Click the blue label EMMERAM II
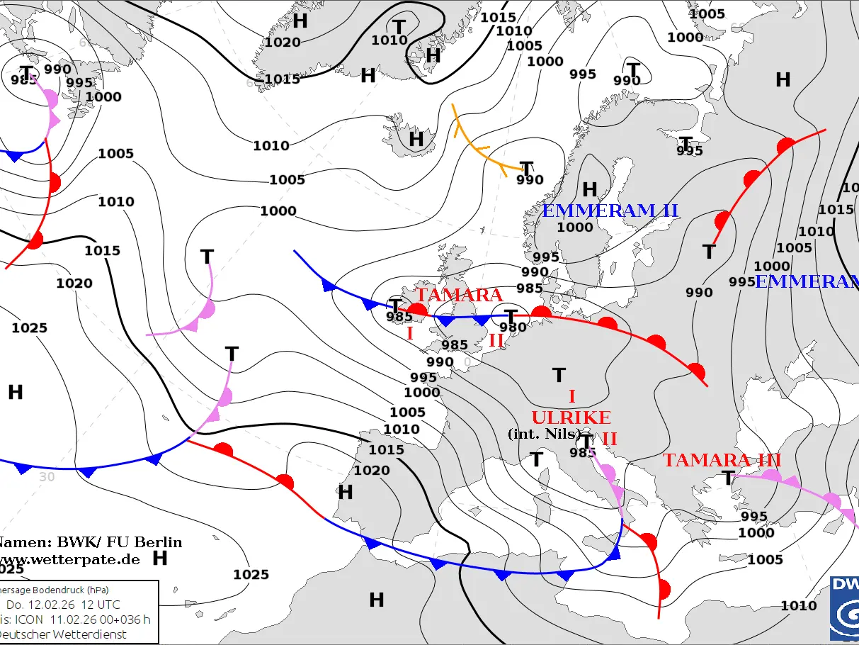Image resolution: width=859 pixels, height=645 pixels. tap(610, 211)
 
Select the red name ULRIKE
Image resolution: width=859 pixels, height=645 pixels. tap(571, 417)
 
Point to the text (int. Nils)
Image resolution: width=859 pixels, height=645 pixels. tap(544, 434)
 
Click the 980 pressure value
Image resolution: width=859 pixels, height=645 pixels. tap(513, 327)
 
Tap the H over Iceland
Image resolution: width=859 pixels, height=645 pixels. tap(416, 139)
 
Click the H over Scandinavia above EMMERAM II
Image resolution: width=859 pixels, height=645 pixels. tap(589, 189)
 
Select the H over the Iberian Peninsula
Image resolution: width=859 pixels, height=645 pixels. tap(346, 492)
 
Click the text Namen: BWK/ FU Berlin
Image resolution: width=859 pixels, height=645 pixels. tap(89, 543)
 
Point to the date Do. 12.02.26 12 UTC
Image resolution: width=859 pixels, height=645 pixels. tap(64, 605)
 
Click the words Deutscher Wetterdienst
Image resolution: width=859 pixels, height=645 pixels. tap(64, 634)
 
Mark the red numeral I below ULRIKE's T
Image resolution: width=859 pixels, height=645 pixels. tap(572, 396)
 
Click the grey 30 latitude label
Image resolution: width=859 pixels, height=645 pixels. tap(47, 477)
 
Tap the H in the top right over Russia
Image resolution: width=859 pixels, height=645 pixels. tap(783, 80)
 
